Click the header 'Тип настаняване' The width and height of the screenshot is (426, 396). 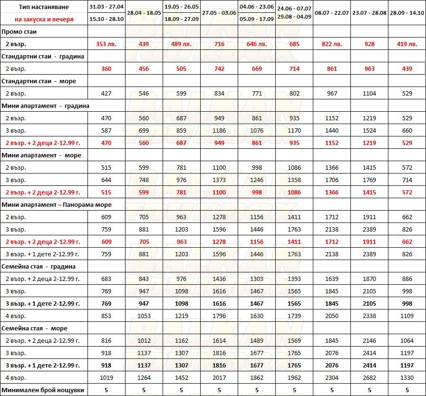[x=44, y=7]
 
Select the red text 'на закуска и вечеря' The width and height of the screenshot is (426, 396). [x=44, y=19]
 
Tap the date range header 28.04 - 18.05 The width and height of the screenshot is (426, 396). [x=144, y=13]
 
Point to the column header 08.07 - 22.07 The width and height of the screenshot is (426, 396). [x=332, y=13]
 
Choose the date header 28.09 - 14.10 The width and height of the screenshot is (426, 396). [x=407, y=13]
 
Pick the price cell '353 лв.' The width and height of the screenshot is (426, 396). [x=106, y=44]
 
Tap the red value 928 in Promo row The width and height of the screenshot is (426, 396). [x=369, y=44]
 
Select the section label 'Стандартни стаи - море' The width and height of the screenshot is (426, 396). [x=39, y=81]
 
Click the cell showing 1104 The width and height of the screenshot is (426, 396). [x=369, y=94]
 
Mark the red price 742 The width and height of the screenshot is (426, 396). [x=219, y=68]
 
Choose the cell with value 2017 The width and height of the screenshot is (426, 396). [x=219, y=378]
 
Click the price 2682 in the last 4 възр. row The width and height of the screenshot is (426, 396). [x=369, y=378]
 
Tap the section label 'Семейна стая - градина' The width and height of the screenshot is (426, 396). [x=39, y=267]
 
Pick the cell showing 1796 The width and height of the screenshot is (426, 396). [x=219, y=316]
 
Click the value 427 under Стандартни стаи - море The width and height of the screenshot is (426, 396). [x=106, y=94]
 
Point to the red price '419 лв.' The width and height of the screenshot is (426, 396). [x=407, y=44]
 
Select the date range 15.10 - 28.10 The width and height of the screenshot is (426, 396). [x=106, y=19]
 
